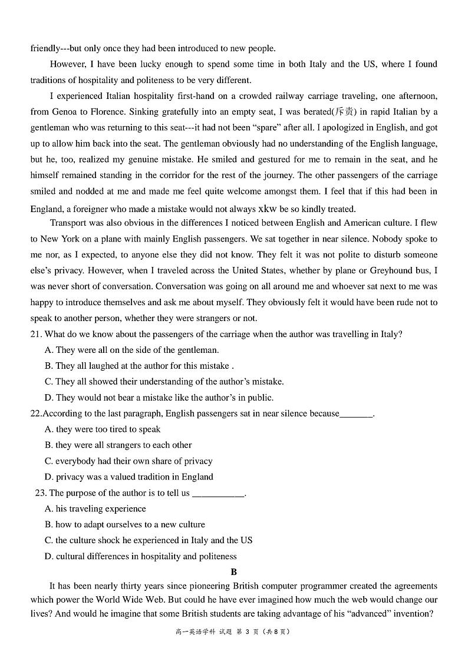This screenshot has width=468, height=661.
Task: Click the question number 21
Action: (36, 334)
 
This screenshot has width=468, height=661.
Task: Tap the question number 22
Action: (36, 414)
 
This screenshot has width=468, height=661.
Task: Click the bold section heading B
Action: (234, 572)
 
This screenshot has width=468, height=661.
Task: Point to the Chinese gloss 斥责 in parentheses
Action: (345, 112)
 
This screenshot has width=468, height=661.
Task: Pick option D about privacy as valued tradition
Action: (129, 477)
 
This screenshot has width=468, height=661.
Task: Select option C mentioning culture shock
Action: (149, 540)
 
